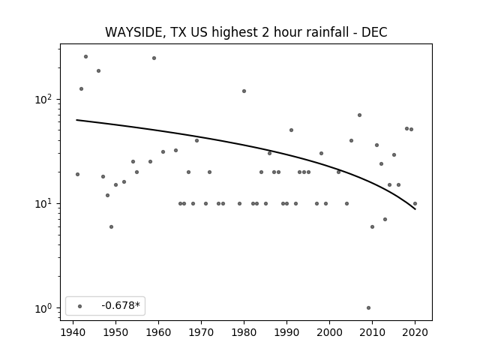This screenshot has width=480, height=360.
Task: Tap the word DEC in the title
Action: click(374, 32)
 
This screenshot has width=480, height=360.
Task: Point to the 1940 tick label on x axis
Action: click(73, 332)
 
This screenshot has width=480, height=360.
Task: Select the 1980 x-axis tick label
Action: click(244, 332)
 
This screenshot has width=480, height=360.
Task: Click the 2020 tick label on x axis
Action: click(415, 332)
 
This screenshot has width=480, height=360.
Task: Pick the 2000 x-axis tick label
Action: click(330, 332)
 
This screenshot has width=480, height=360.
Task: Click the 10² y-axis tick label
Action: click(43, 99)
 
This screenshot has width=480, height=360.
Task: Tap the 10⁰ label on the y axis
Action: click(43, 308)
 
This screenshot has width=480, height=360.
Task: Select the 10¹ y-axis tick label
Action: click(43, 203)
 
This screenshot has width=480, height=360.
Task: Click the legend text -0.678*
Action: click(121, 305)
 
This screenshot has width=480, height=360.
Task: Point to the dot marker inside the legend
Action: click(80, 306)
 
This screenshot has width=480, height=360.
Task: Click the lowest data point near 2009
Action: click(368, 308)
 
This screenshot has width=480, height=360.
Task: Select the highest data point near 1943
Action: click(86, 57)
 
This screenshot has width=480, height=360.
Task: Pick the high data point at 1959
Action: click(154, 58)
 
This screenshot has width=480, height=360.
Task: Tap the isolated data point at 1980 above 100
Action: click(244, 91)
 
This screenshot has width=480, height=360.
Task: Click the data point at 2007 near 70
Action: click(360, 115)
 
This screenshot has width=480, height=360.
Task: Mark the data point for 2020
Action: click(415, 203)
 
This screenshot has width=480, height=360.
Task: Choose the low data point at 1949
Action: click(112, 226)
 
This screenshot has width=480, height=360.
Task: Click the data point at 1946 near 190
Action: click(98, 71)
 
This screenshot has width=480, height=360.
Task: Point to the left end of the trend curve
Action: click(76, 120)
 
